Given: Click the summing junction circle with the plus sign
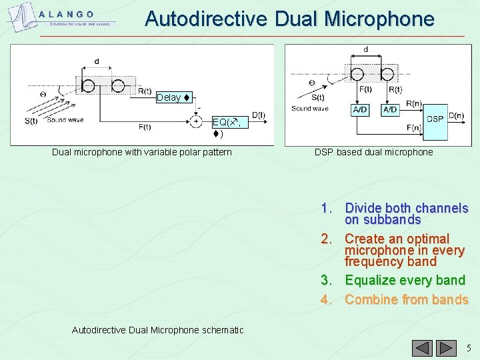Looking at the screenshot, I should pyautogui.click(x=196, y=122).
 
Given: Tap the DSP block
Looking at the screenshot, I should pyautogui.click(x=435, y=119).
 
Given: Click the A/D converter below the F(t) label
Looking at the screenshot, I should pyautogui.click(x=360, y=109).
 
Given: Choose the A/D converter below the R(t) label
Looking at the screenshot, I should pyautogui.click(x=391, y=109).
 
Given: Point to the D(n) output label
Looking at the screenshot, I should pyautogui.click(x=456, y=115).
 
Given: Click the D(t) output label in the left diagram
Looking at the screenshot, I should pyautogui.click(x=259, y=115).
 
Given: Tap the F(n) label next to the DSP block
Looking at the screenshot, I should pyautogui.click(x=413, y=128).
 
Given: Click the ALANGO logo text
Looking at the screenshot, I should pyautogui.click(x=66, y=15).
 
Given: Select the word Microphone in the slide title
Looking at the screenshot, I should pyautogui.click(x=379, y=19).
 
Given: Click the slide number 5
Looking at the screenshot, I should pyautogui.click(x=469, y=348).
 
